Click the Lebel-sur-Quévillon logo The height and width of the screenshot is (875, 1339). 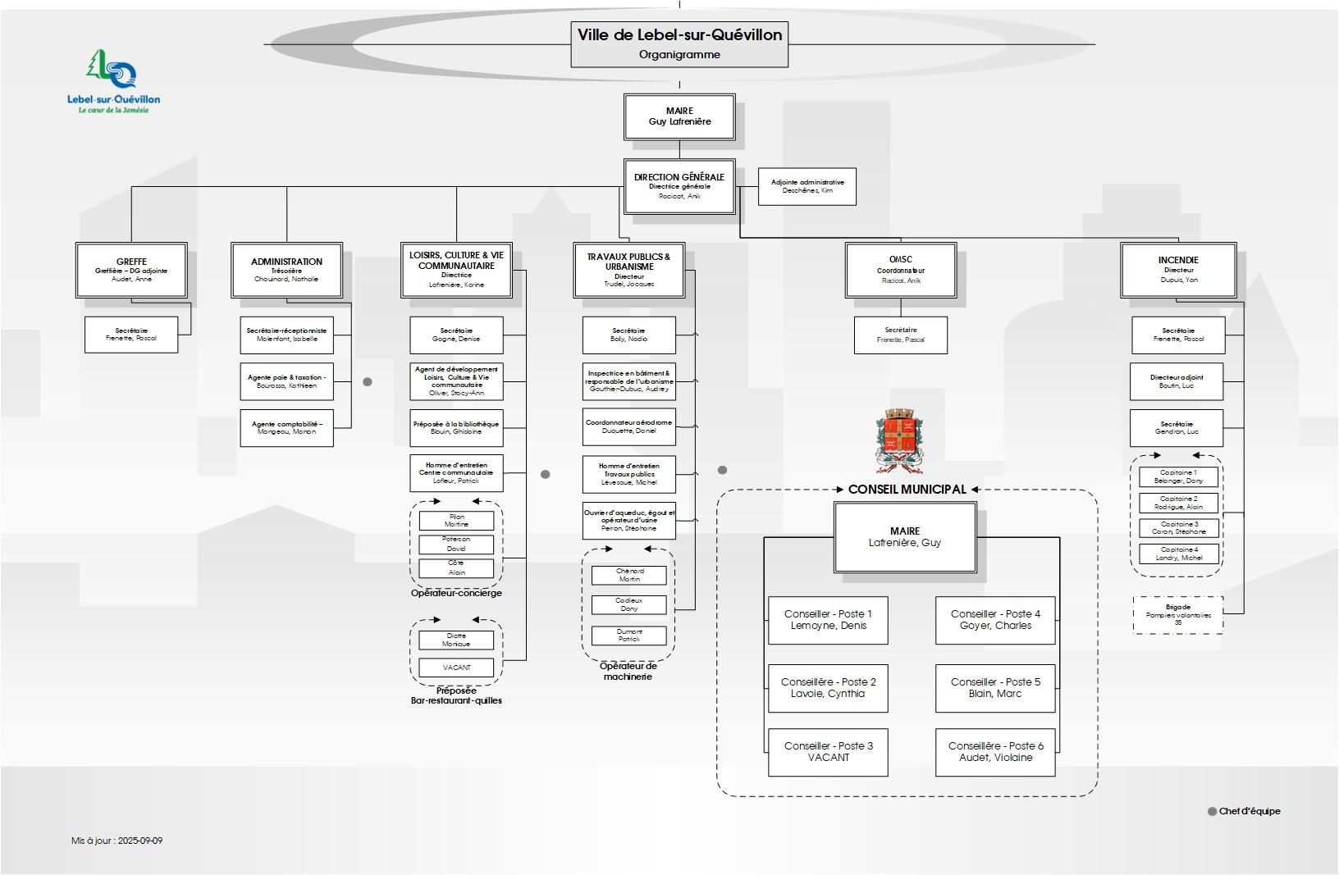point(113,80)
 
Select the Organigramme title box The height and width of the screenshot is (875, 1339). point(679,44)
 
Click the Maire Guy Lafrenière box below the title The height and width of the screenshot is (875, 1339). point(679,116)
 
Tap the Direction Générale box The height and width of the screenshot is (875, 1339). point(679,186)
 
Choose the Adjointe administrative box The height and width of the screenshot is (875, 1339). point(807,186)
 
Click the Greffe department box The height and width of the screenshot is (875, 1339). point(131,270)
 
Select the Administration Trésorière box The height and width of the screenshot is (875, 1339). point(286,270)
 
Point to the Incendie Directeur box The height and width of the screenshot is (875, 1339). point(1178,270)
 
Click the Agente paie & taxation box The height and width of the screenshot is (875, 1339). point(286,381)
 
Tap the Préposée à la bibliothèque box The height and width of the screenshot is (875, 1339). point(456,428)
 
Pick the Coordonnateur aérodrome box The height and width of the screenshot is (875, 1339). point(629,426)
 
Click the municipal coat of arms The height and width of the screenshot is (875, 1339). point(899,440)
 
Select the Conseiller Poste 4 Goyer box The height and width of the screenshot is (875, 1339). point(995,620)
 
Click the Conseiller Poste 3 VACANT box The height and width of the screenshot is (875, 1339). point(828,752)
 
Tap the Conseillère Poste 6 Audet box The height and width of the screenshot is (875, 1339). point(995,752)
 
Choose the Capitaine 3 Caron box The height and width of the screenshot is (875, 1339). point(1178,528)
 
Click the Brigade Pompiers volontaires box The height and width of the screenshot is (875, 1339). point(1178,615)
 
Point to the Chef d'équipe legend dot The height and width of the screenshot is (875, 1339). point(1212,812)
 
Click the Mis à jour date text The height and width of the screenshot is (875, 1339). point(117,841)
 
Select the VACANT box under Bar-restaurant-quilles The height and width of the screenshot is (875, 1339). point(456,668)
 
